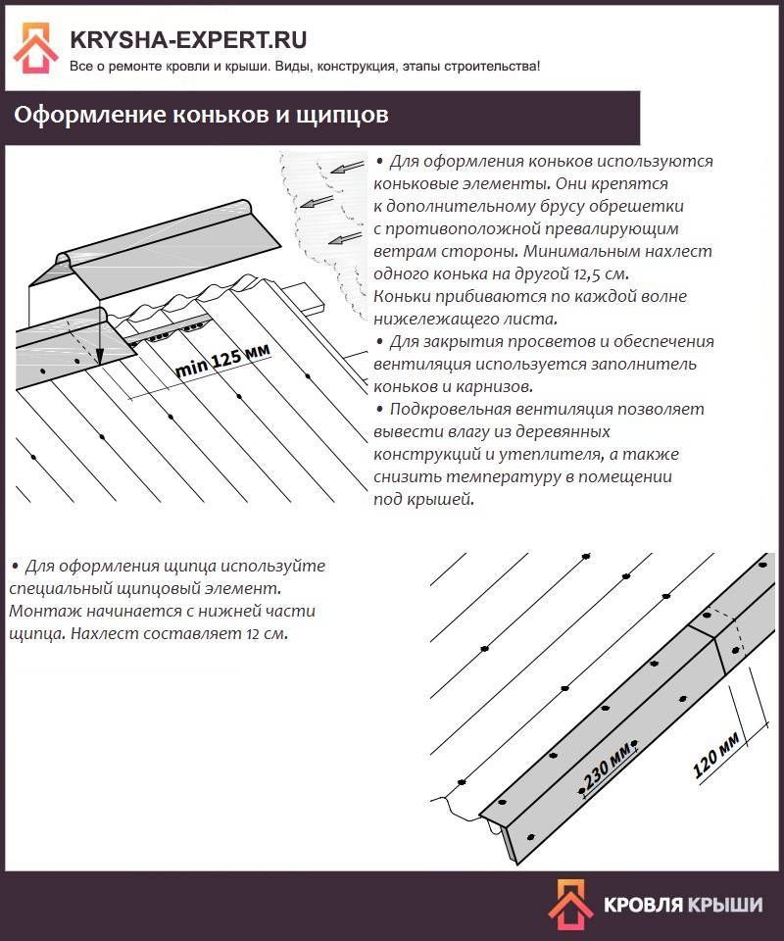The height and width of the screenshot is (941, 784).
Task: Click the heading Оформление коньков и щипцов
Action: (x=201, y=116)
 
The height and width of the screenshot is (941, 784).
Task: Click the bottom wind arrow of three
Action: (x=344, y=237)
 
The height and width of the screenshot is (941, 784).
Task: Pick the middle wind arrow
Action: (x=316, y=202)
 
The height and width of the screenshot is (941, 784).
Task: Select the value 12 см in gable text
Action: (x=267, y=633)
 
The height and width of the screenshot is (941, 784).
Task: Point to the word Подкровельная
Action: (x=451, y=409)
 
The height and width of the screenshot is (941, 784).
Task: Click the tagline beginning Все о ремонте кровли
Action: (x=304, y=66)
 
